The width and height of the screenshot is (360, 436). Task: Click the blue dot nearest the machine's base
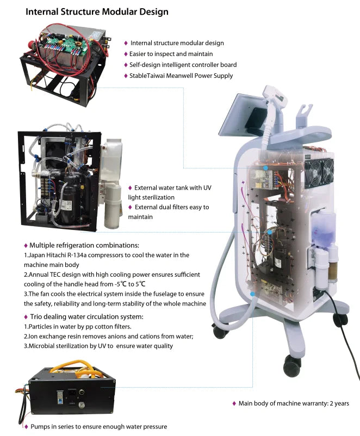click(253, 294)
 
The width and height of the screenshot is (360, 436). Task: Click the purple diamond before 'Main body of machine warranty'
click(234, 404)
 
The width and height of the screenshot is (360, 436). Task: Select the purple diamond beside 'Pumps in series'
click(26, 427)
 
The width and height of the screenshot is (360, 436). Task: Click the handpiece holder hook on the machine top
click(304, 115)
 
